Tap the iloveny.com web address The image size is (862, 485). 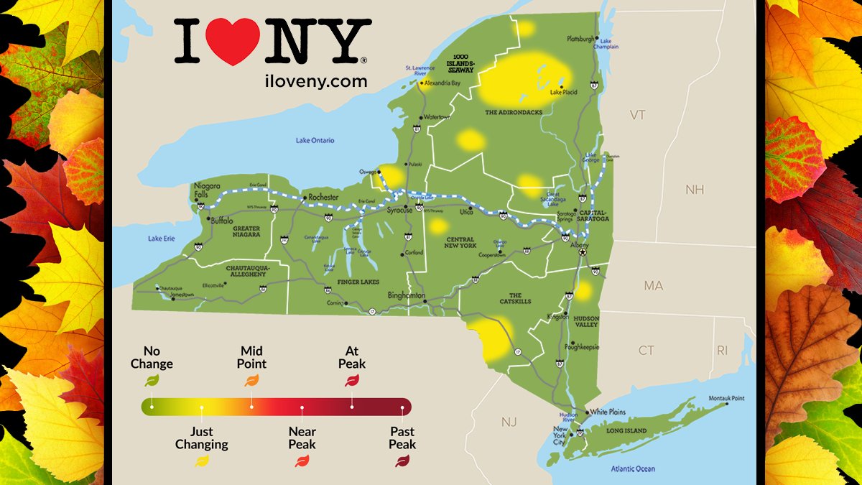315,81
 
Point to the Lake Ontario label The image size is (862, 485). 315,140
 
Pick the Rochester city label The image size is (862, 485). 323,198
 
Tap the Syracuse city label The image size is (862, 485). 399,210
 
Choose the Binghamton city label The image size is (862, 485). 407,296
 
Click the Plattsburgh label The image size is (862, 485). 581,38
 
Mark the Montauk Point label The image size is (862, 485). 727,398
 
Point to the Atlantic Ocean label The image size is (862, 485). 633,469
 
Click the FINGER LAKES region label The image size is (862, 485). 358,282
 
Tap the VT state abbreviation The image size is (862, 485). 637,115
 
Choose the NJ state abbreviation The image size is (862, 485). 509,422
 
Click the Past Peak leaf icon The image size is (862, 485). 402,461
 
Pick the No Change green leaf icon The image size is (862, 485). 152,381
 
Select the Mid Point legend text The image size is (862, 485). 251,357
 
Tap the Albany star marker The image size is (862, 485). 583,252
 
